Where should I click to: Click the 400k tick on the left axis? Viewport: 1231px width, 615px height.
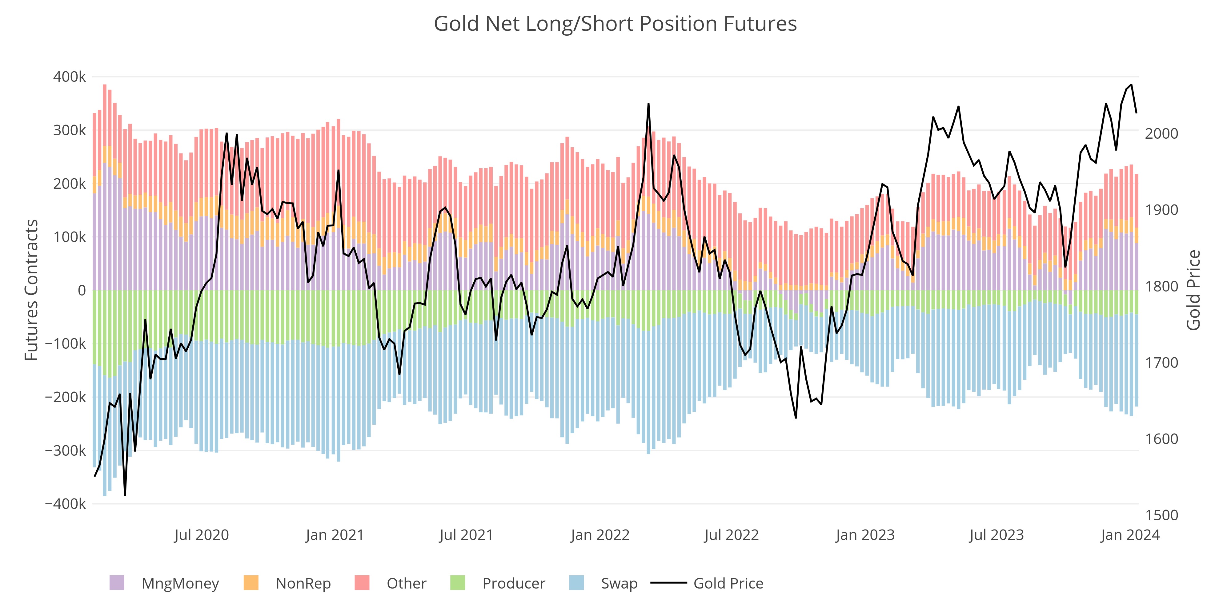point(69,77)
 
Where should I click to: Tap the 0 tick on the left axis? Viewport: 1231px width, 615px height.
point(82,290)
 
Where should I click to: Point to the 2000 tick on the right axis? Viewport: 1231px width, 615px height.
point(1161,134)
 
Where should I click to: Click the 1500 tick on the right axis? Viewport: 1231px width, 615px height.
point(1161,515)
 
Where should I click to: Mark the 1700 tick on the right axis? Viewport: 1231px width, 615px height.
point(1161,363)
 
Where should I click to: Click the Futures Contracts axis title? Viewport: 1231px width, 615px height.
point(31,290)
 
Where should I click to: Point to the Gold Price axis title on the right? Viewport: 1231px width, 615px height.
point(1193,290)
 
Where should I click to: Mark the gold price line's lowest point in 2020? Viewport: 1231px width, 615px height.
point(125,495)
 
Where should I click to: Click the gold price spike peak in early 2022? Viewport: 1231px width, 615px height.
point(648,104)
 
